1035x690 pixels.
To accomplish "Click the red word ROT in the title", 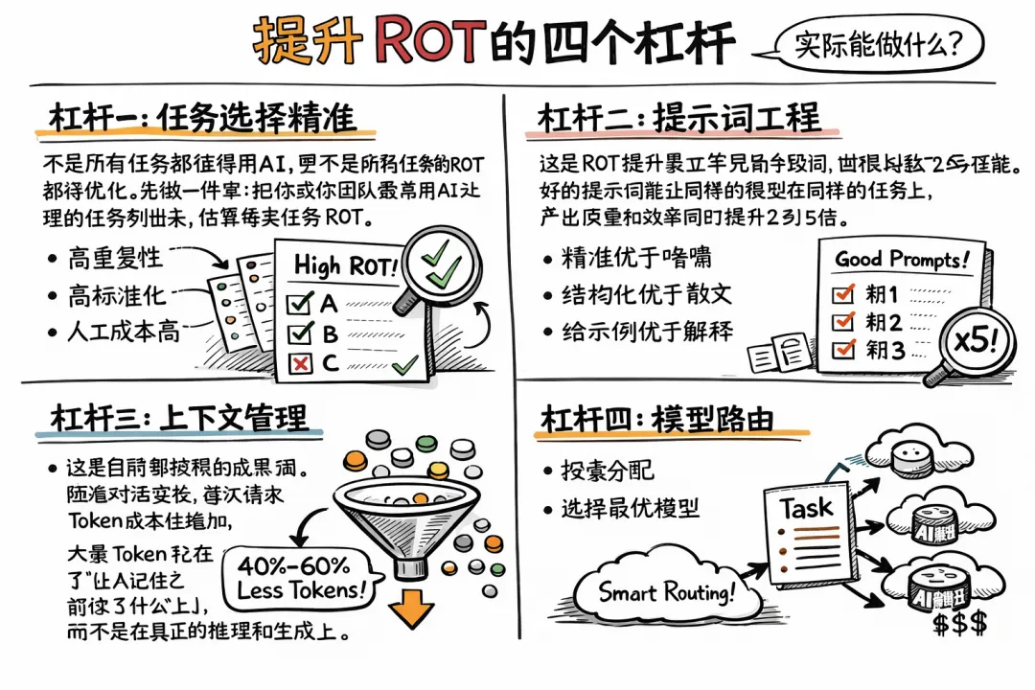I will (426, 39).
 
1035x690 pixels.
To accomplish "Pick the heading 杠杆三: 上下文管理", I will (178, 419).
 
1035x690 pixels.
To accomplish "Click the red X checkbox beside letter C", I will (300, 363).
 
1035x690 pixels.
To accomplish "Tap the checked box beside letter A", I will (300, 305).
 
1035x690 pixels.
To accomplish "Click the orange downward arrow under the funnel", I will (413, 607).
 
